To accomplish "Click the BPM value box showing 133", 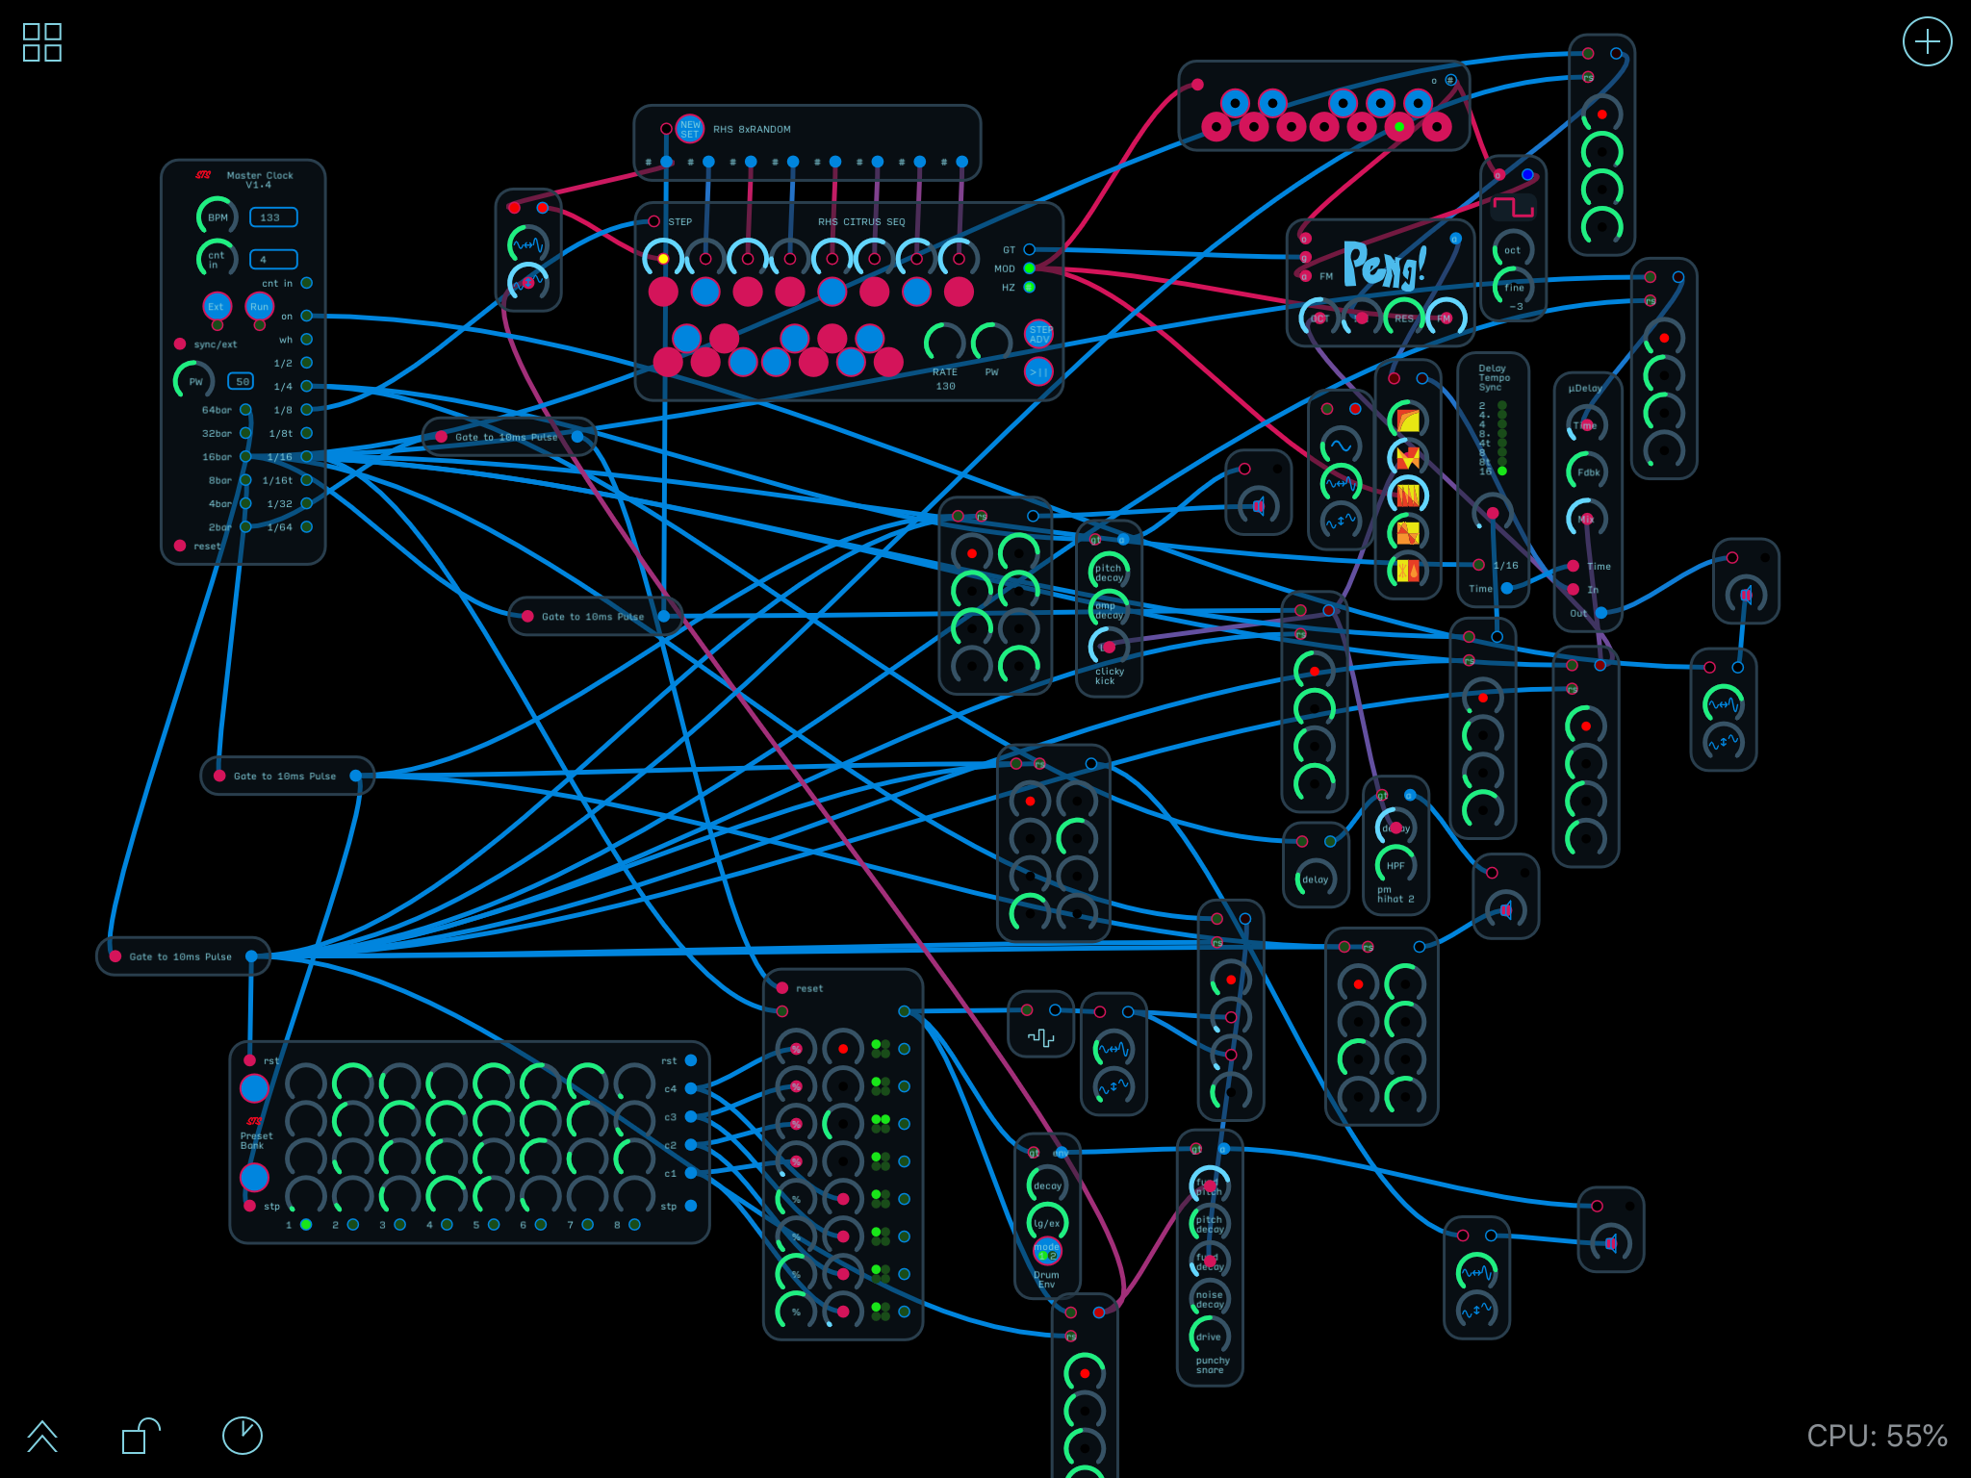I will [x=273, y=217].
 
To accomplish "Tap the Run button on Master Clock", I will [x=259, y=307].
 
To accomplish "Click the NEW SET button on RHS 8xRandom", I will [x=690, y=129].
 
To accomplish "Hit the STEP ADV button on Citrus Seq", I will [x=1039, y=334].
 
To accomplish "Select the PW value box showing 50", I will [x=241, y=382].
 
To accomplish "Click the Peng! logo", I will [x=1384, y=266].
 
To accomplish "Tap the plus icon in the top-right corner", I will [x=1927, y=42].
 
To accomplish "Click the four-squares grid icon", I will [x=42, y=42].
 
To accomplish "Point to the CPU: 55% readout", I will [x=1876, y=1436].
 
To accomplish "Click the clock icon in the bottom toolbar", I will [x=242, y=1436].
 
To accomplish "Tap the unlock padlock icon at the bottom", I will [x=140, y=1436].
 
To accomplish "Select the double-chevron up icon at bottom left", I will [x=42, y=1436].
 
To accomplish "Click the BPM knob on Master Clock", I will [x=217, y=217].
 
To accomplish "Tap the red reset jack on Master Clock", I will [x=180, y=546].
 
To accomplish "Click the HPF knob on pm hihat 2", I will [x=1395, y=865].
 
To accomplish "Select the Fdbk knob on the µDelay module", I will [x=1587, y=471].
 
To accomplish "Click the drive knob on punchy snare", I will [x=1209, y=1336].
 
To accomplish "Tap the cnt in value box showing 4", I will [x=273, y=260].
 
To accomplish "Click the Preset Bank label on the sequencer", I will [x=256, y=1140].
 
